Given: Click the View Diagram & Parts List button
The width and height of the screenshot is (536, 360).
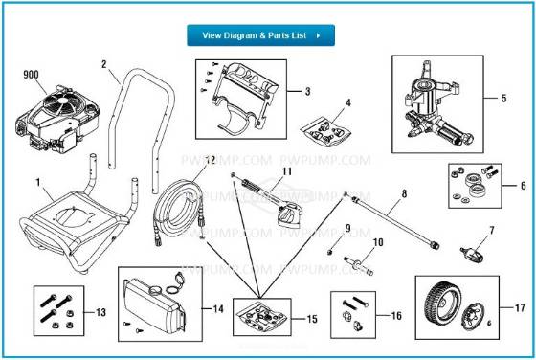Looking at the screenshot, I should point(260,35).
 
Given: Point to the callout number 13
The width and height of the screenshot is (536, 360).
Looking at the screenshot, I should point(101,312).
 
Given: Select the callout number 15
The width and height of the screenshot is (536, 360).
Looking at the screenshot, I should point(311,318).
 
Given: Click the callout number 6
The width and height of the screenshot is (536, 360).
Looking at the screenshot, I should point(522,186).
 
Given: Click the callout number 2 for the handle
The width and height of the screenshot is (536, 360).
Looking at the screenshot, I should point(102,64).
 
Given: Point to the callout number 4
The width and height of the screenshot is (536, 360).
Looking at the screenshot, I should point(347,101).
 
